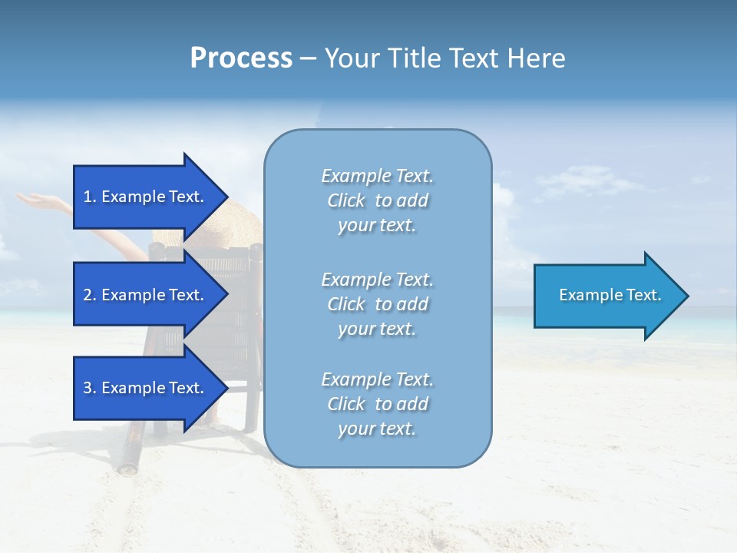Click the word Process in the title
241,58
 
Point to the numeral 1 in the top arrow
88,197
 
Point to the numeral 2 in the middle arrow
88,295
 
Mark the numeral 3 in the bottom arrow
88,388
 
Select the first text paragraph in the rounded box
377,200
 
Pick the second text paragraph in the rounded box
377,303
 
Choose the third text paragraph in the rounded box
377,404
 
